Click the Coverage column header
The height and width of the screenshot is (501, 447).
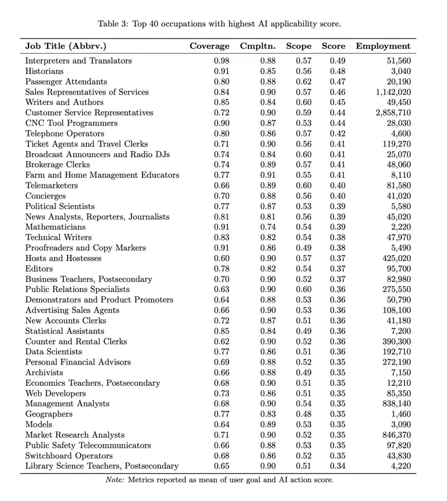point(209,46)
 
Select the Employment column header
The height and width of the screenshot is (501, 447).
point(383,46)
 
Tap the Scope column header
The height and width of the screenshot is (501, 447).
point(298,46)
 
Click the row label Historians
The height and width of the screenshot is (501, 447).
point(45,71)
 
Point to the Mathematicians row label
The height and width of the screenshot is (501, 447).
point(55,227)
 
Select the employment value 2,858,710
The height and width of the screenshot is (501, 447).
point(393,113)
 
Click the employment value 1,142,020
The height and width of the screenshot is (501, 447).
point(393,92)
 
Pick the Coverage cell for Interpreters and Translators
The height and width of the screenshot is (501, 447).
point(222,61)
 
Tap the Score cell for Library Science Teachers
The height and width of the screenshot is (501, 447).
point(337,466)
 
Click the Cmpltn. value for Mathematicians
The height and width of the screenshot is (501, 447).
point(268,227)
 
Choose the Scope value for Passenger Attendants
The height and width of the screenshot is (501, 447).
point(303,82)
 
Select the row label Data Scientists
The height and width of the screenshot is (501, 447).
point(54,352)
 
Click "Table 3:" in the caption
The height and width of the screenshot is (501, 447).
point(115,23)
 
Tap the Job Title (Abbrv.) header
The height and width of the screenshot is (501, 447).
point(66,46)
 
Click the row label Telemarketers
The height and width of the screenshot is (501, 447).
point(51,186)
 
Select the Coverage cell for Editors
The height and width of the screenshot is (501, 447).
point(222,268)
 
